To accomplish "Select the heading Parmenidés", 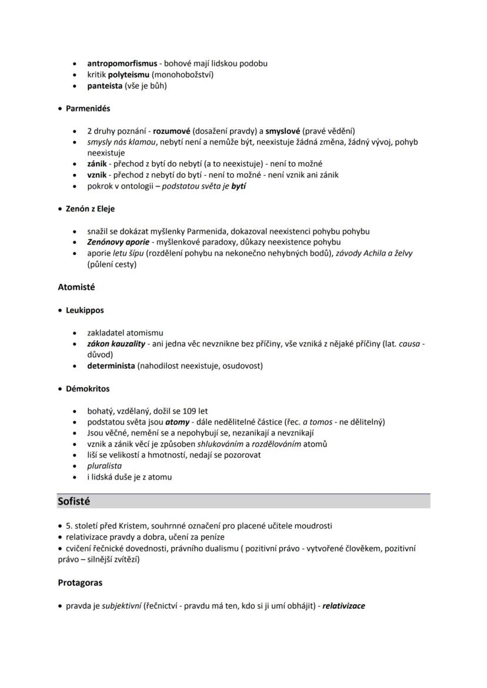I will (x=88, y=109).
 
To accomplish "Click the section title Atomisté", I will (x=76, y=287).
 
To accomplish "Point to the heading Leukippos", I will (x=85, y=310).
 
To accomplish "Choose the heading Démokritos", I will (x=88, y=389).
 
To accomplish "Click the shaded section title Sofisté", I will (x=74, y=501).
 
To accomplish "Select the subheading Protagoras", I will (x=80, y=583).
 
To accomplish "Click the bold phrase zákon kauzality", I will (x=116, y=344).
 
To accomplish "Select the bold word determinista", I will (x=111, y=366).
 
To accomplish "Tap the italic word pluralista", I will (x=105, y=466).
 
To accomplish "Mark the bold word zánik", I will (x=97, y=164).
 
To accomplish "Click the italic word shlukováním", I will (x=219, y=444).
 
